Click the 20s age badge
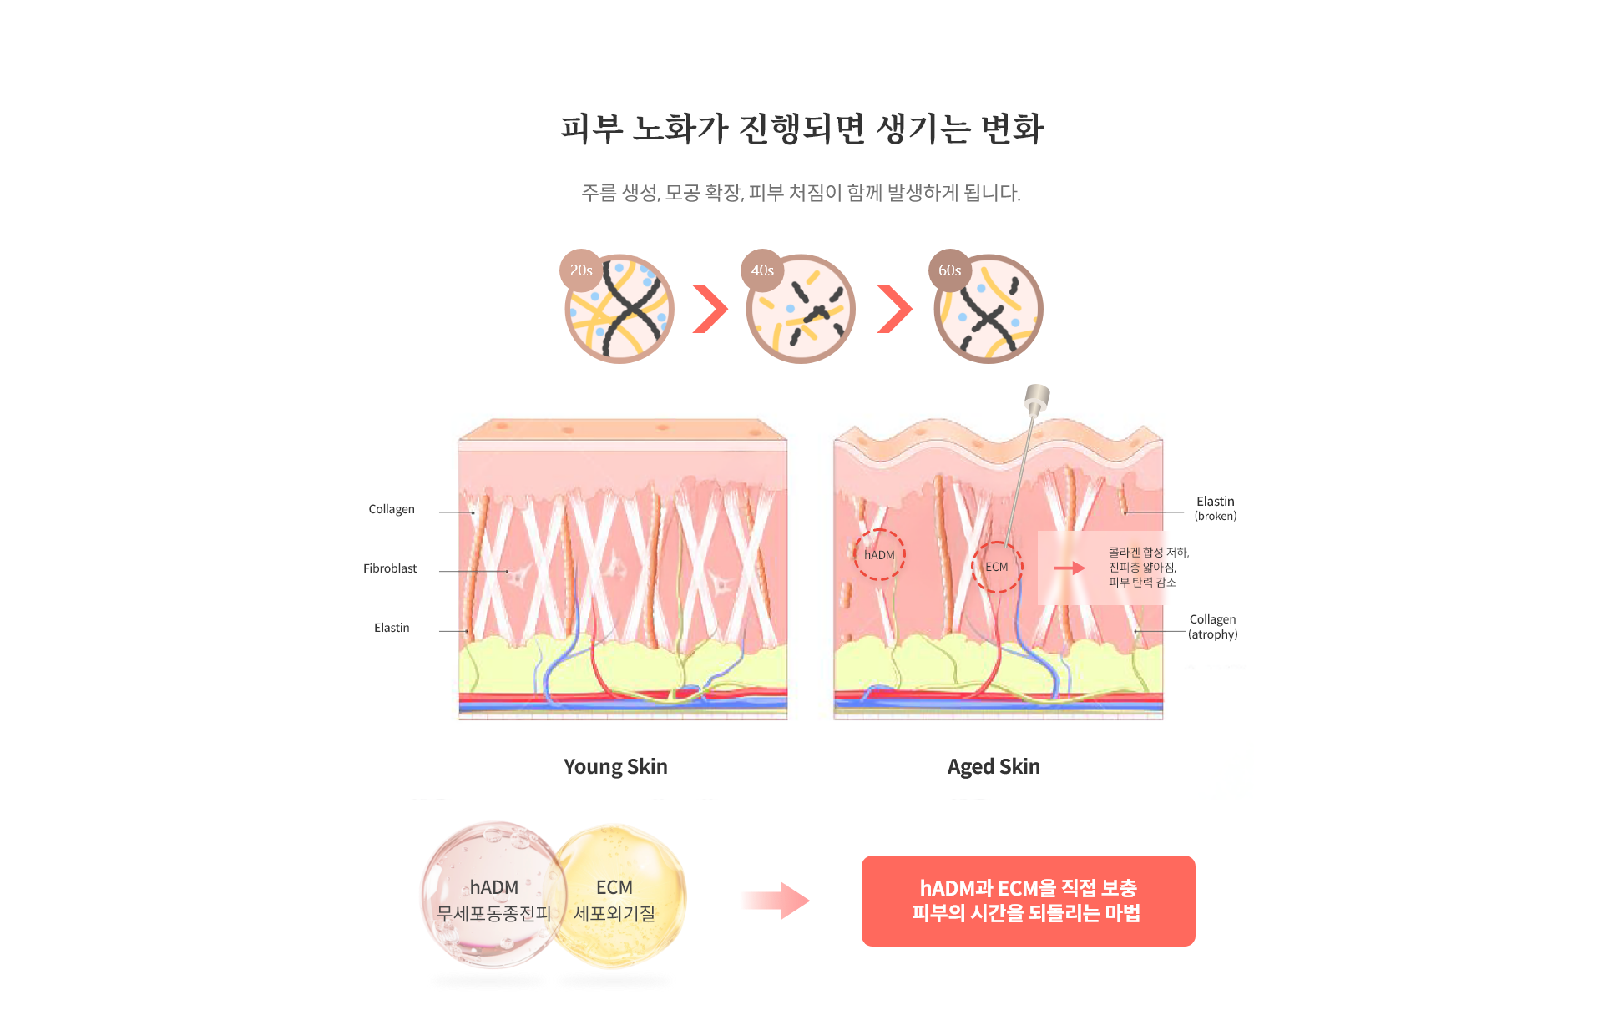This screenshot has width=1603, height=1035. (581, 270)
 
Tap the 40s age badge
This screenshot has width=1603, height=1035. (761, 270)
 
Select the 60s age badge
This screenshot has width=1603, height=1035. (949, 270)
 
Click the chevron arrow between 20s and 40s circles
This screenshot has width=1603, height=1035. (710, 309)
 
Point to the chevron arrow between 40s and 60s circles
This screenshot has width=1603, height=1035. (894, 309)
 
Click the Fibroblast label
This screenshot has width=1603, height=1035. (390, 568)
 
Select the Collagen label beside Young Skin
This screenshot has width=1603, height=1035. (392, 509)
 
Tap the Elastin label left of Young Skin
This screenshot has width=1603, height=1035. (392, 628)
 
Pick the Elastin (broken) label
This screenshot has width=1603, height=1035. (1215, 507)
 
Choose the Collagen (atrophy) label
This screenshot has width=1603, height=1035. (1212, 626)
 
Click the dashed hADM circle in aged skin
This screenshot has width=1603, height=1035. (879, 554)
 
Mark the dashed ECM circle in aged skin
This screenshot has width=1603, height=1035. (997, 567)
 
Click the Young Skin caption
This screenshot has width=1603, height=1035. (615, 766)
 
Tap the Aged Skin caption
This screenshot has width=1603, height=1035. (994, 766)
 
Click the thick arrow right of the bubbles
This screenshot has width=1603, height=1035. (774, 901)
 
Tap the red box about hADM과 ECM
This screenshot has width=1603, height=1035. (1028, 901)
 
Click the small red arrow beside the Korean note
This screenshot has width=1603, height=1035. (1069, 568)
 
